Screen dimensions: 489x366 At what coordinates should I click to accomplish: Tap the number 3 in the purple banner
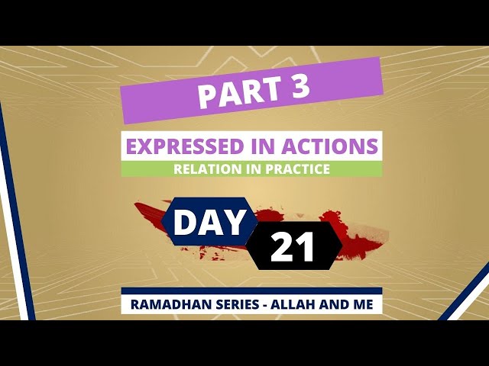299,85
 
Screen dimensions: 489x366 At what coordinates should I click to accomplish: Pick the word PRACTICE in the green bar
297,169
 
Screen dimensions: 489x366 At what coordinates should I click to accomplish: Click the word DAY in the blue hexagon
209,222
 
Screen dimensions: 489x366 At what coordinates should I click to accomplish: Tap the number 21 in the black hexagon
292,246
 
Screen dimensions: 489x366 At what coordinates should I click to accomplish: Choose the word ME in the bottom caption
363,304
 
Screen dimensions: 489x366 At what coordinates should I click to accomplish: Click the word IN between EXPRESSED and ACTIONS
262,146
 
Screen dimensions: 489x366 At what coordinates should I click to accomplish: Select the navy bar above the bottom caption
251,291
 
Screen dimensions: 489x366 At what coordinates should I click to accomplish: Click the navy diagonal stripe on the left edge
15,212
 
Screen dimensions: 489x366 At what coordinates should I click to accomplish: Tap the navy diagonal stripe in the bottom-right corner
464,291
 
